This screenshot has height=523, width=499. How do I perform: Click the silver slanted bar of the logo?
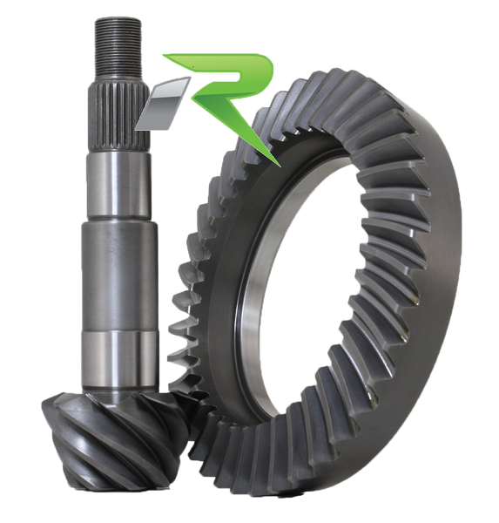(x=162, y=104)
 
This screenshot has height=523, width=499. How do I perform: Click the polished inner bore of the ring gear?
(x=263, y=300)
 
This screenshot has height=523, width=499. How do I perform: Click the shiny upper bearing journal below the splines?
(x=118, y=186)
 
